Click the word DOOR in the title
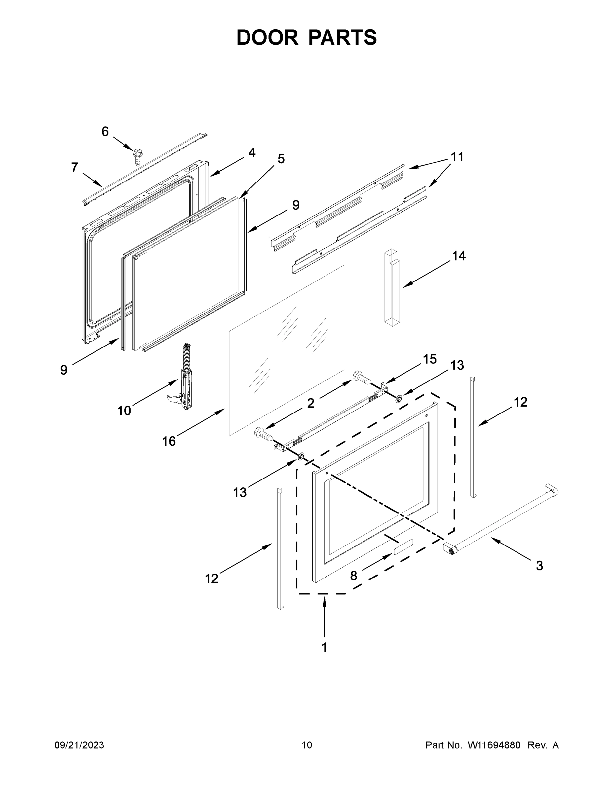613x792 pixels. [x=267, y=37]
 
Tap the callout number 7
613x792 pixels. [x=74, y=168]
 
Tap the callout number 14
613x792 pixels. [x=459, y=256]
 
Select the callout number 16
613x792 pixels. [x=169, y=441]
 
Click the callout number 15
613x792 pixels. [x=430, y=359]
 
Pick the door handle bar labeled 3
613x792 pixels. [x=501, y=519]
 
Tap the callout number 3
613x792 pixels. [x=539, y=565]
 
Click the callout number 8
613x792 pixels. [x=353, y=576]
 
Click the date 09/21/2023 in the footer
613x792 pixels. [x=79, y=745]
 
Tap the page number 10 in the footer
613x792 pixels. [x=307, y=745]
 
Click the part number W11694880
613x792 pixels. [x=494, y=745]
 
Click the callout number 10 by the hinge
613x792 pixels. [x=124, y=411]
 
